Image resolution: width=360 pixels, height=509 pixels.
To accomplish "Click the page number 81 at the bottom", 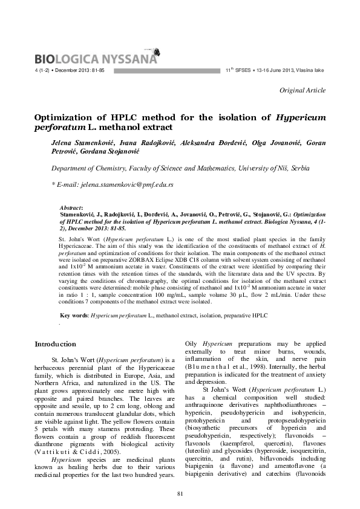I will point(180,495).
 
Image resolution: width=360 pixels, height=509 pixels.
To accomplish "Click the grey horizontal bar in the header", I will point(166,71).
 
